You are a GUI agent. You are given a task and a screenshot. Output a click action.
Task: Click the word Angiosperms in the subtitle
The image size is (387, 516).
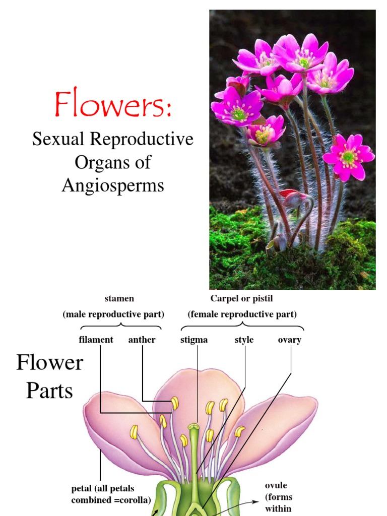tap(113, 185)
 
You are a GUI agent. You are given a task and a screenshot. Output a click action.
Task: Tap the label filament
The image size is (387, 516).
tap(96, 340)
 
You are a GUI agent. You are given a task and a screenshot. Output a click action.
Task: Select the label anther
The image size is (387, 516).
tap(142, 340)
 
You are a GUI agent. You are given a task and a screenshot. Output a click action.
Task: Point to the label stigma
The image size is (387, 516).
tap(194, 340)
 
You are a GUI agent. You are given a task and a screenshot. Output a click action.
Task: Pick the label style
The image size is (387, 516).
tap(244, 340)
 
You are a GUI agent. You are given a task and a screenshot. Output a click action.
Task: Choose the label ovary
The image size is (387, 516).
tap(290, 340)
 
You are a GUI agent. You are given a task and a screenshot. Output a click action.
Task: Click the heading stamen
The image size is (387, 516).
tap(119, 299)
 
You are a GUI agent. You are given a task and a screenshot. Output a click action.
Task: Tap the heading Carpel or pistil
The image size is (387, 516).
tap(242, 299)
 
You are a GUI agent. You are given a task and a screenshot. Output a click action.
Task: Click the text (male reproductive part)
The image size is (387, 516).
tap(113, 314)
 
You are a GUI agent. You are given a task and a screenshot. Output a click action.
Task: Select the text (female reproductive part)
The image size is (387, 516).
tap(242, 314)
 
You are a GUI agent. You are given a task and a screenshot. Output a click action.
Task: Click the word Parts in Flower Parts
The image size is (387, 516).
tap(49, 391)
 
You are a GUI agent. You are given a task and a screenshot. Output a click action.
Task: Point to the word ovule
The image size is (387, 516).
tap(276, 485)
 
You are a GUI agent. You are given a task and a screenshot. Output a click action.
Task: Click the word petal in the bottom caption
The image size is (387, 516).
tap(82, 489)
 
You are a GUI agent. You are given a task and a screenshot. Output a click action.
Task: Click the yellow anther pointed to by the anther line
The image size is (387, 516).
tap(175, 403)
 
